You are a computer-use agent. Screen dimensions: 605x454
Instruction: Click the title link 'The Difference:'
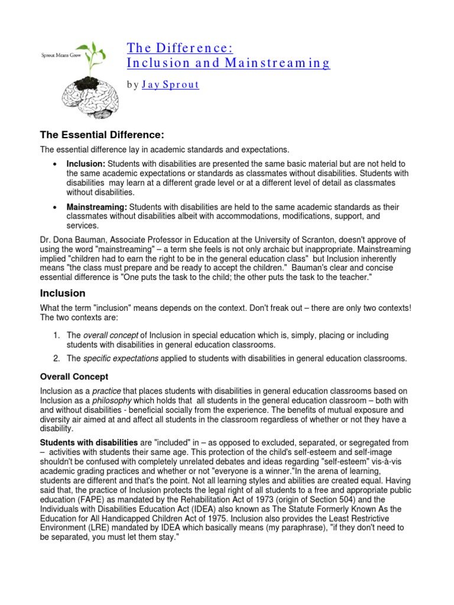176,47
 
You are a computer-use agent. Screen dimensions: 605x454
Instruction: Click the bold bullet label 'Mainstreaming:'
97,207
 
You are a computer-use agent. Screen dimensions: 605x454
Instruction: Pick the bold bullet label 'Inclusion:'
86,163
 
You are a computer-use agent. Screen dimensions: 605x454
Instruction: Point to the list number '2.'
57,358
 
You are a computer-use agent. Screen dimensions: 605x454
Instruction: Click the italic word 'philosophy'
113,401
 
